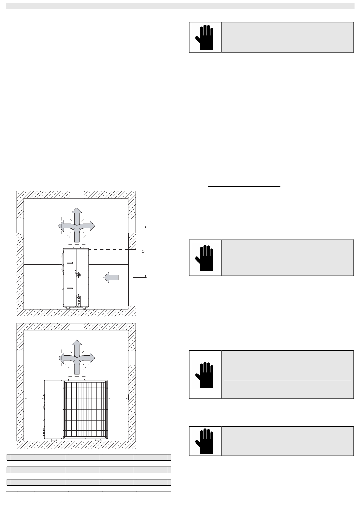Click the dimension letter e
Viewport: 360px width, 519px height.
(143, 251)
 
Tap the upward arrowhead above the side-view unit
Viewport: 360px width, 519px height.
(77, 213)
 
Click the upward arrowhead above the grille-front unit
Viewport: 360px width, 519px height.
(77, 344)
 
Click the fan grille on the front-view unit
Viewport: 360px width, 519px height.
(85, 410)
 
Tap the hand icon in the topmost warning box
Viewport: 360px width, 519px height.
(205, 37)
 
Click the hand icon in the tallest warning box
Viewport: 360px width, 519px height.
(205, 374)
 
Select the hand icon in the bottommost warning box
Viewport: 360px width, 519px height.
(205, 441)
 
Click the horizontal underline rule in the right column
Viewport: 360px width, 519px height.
(244, 186)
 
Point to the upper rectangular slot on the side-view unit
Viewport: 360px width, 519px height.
(70, 263)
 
